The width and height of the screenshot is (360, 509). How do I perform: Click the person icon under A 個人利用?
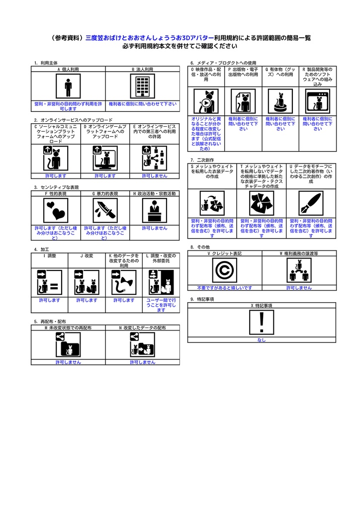point(68,87)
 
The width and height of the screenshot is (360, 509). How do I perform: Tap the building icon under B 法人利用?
point(142,87)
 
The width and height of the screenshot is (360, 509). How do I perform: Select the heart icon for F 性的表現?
point(55,211)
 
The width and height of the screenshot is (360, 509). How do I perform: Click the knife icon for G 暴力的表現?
point(105,211)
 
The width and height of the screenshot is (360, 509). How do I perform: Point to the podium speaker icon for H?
point(154,211)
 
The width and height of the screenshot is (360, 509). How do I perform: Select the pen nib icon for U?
point(310,203)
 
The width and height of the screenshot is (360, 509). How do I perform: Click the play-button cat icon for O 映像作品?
point(205,102)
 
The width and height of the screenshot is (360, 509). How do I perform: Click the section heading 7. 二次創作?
point(199,160)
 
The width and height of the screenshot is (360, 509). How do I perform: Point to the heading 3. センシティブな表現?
point(56,187)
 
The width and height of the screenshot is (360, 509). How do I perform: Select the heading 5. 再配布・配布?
point(50,322)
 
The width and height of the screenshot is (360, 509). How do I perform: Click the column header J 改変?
point(87,255)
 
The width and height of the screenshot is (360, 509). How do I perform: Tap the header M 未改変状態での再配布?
point(68,328)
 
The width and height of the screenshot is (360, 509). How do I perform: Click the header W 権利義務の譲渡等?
point(299,253)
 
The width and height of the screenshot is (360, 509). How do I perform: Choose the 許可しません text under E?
point(154,175)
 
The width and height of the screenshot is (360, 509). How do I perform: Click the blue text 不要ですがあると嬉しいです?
point(224,287)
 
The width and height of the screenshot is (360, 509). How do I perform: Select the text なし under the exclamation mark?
point(262,340)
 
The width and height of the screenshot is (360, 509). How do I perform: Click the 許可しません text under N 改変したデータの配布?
point(142,362)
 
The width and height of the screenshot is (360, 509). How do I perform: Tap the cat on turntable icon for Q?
point(280,102)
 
